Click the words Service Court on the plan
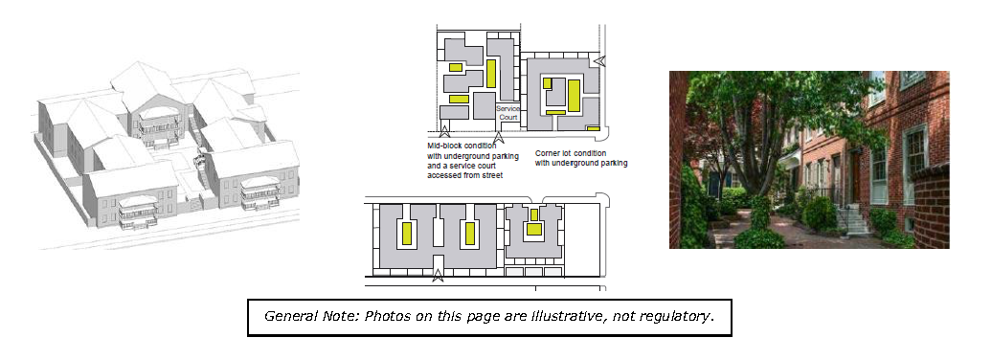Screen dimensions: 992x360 [508, 113]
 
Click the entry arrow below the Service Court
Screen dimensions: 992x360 [499, 137]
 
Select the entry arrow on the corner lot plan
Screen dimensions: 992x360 [599, 61]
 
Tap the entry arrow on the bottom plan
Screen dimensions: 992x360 [438, 275]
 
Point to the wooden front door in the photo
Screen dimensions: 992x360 [855, 176]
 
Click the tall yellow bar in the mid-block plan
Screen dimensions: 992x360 [491, 74]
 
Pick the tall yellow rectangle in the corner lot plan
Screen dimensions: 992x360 [574, 96]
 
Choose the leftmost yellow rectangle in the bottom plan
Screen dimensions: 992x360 [407, 234]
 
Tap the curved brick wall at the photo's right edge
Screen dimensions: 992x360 [931, 206]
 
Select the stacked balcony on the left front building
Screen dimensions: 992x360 [138, 212]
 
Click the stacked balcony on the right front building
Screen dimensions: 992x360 [260, 192]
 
